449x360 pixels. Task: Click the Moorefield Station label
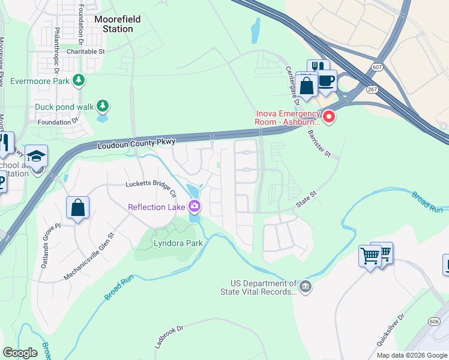tap(118, 24)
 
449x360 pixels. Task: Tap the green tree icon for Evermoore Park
tap(78, 80)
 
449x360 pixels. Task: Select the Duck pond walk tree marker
tap(103, 107)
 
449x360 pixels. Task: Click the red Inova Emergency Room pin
tap(329, 117)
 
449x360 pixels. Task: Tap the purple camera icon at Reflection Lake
tap(194, 208)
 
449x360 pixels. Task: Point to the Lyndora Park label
tap(178, 243)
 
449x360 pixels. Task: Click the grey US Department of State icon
tap(306, 287)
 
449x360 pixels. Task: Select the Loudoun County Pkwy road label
tap(136, 143)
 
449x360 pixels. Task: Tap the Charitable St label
tap(86, 52)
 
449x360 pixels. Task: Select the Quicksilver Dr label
tap(388, 331)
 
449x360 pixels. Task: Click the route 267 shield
tap(373, 88)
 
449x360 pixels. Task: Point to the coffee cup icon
tap(327, 80)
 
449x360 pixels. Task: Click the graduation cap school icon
tap(36, 157)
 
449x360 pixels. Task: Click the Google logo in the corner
tap(20, 352)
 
